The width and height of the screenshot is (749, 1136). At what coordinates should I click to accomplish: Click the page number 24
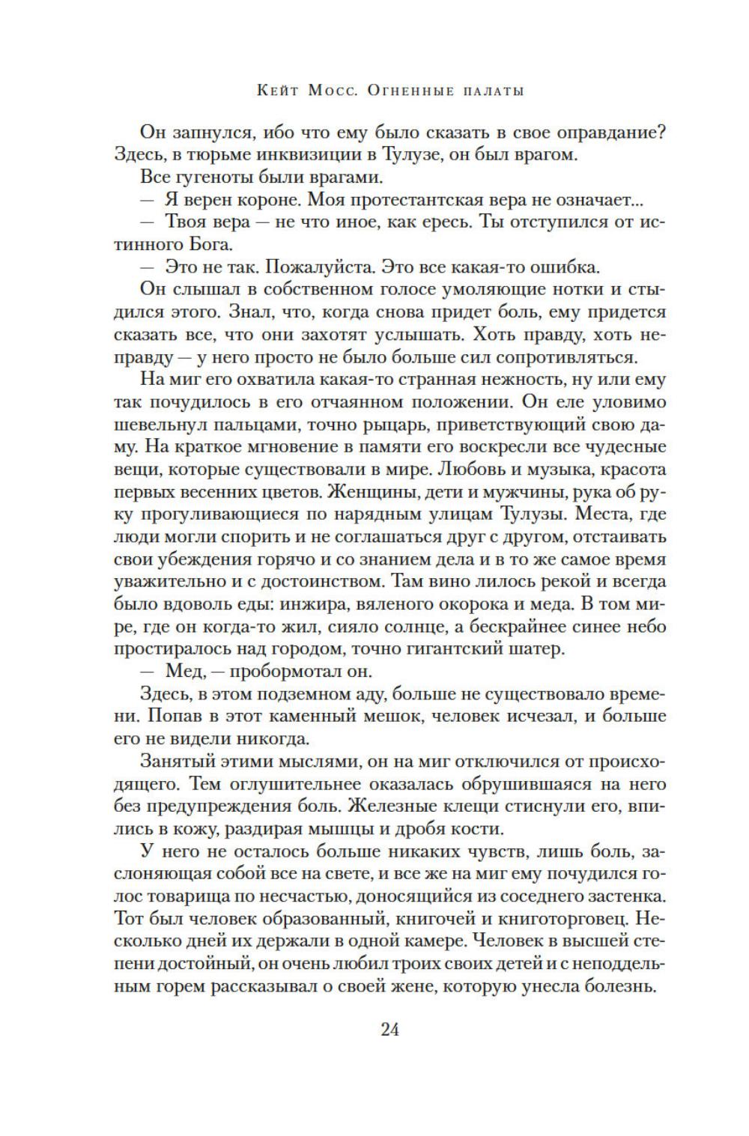point(390,1029)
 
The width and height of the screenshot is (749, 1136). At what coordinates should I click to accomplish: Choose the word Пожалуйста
point(320,267)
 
